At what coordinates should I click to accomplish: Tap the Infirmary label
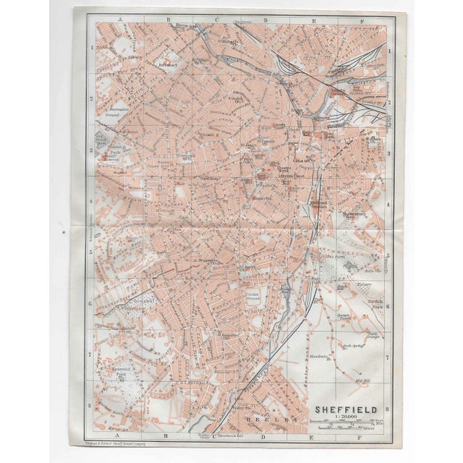point(169,64)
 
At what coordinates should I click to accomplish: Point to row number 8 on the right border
point(388,407)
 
